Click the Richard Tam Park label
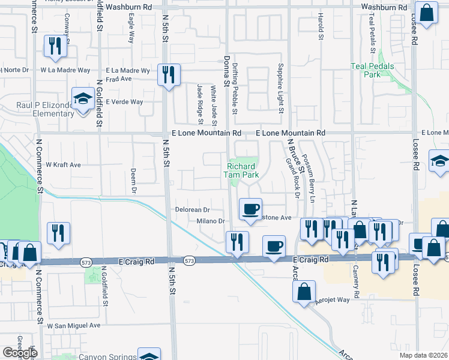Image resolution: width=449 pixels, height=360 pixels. click(x=242, y=170)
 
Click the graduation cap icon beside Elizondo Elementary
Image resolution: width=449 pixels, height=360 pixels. click(x=81, y=100)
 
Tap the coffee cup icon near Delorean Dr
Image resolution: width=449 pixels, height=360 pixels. click(x=250, y=209)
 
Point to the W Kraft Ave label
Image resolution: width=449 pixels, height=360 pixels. click(x=63, y=164)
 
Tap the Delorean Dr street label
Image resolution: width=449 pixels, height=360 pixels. click(x=191, y=210)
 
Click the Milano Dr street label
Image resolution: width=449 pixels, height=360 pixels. click(x=209, y=221)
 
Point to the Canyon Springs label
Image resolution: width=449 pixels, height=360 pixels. click(x=105, y=356)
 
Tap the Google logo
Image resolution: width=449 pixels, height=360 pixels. click(x=19, y=353)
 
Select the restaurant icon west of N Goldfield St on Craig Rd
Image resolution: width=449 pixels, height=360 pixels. click(x=58, y=233)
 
